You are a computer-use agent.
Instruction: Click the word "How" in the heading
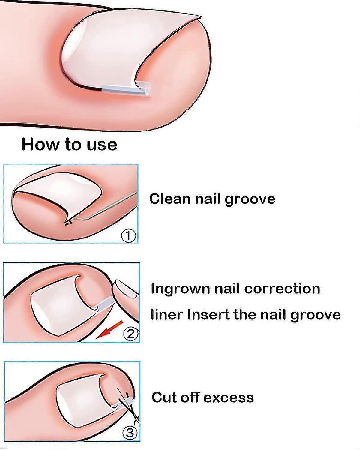[x=40, y=144]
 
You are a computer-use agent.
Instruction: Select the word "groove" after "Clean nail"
[x=250, y=200]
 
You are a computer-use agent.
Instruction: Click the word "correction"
[x=282, y=289]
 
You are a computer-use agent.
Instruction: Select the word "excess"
[x=228, y=398]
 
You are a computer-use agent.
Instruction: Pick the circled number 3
[x=130, y=433]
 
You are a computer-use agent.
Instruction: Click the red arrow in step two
[x=109, y=330]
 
